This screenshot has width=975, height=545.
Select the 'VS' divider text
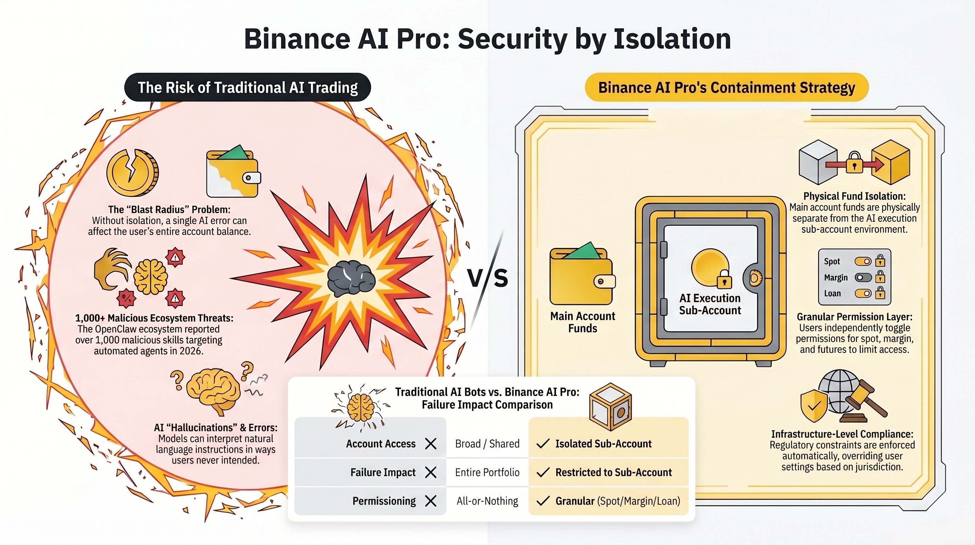488,278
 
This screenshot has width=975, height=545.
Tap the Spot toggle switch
863,262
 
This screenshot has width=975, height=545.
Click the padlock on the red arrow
854,163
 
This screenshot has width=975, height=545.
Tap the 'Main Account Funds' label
582,322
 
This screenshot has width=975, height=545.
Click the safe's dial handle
754,278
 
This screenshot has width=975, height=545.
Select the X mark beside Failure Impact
431,472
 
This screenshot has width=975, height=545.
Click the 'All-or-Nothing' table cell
487,501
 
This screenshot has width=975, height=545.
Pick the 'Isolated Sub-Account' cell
603,444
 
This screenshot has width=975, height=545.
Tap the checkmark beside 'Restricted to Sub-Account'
543,472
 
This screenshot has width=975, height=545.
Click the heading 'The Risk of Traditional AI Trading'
248,88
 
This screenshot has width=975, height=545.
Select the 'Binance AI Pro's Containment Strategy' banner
726,88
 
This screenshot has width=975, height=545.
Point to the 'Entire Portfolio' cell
487,472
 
